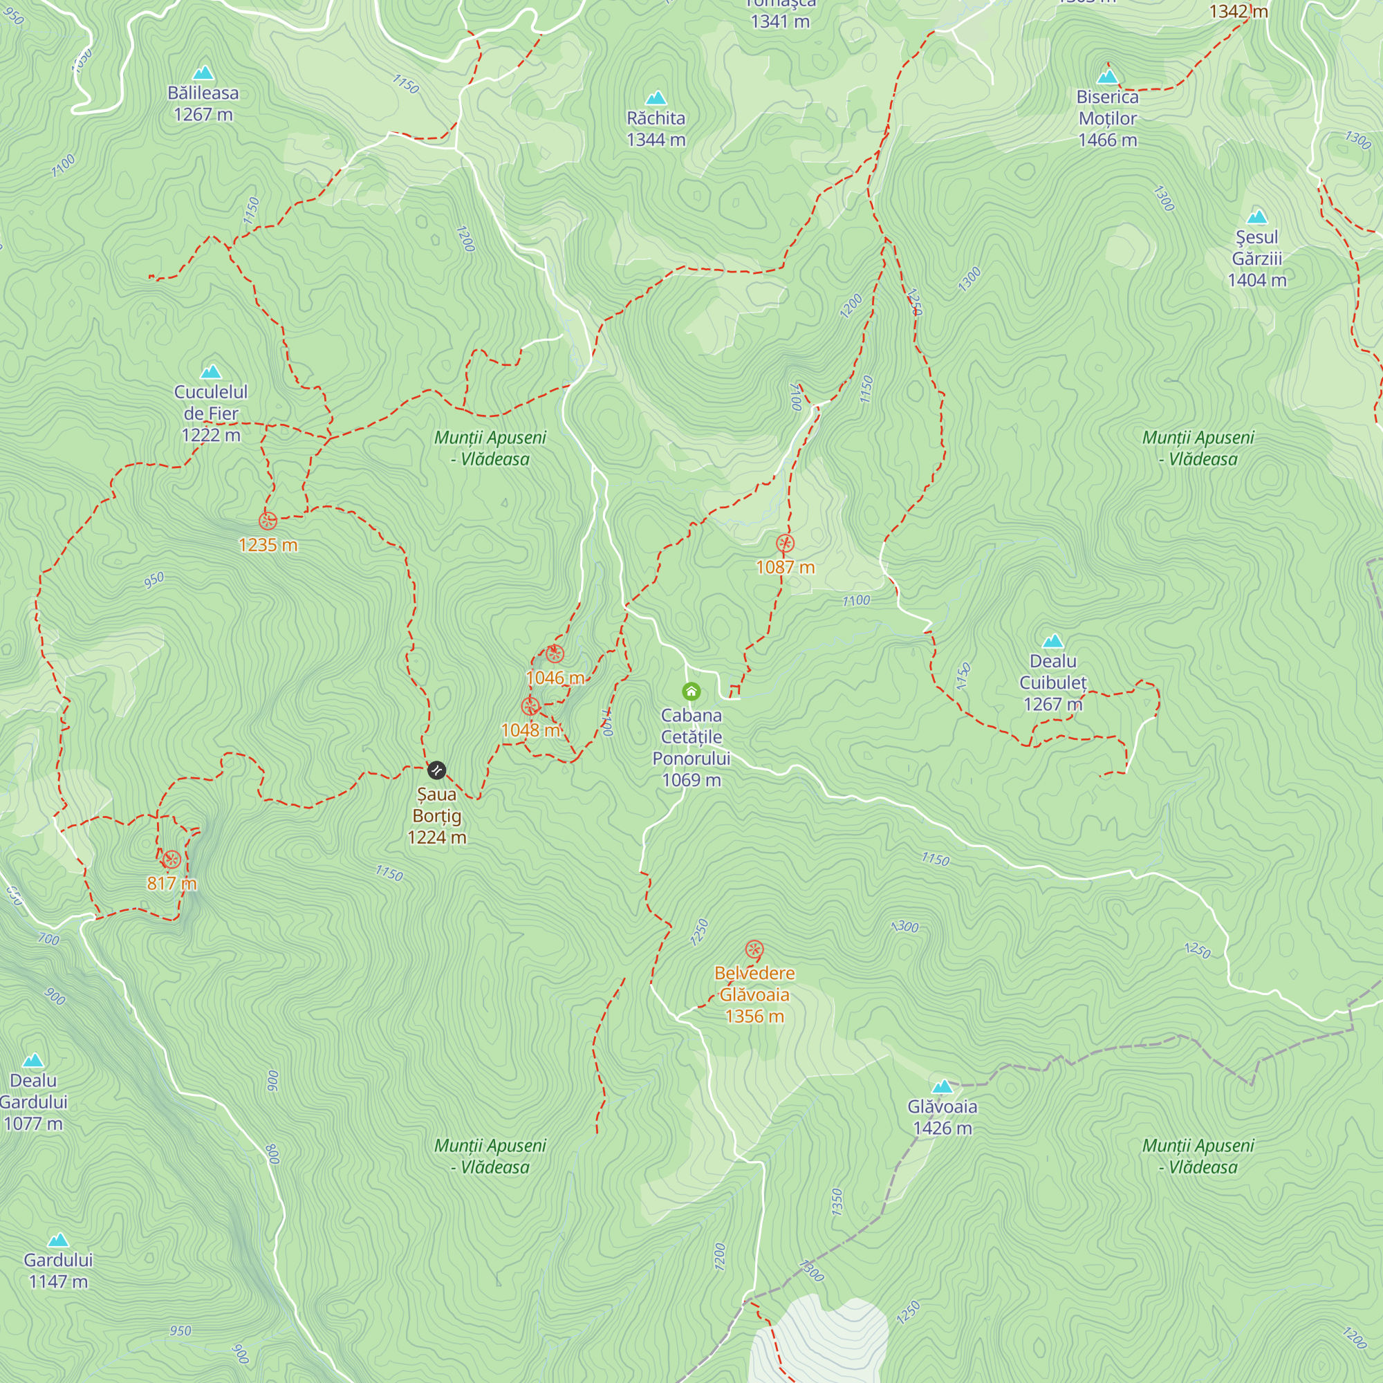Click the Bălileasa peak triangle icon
tap(203, 73)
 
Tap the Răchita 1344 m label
tap(656, 129)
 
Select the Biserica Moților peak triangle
tap(1107, 76)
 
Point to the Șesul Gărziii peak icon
tap(1257, 217)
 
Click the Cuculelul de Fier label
tap(210, 413)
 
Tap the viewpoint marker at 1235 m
tap(268, 521)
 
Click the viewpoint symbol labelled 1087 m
tap(786, 544)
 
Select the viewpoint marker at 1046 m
tap(555, 653)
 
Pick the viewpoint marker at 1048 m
tap(530, 707)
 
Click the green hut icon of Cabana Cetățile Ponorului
tap(691, 691)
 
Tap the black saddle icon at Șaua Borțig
tap(436, 770)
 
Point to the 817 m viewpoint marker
tap(171, 859)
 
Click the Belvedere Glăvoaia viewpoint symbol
tap(754, 950)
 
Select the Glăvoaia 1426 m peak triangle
tap(942, 1086)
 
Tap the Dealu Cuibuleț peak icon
tap(1052, 641)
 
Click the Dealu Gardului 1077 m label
tap(34, 1102)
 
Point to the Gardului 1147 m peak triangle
tap(58, 1240)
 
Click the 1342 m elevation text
tap(1238, 12)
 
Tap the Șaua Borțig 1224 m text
tap(436, 815)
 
